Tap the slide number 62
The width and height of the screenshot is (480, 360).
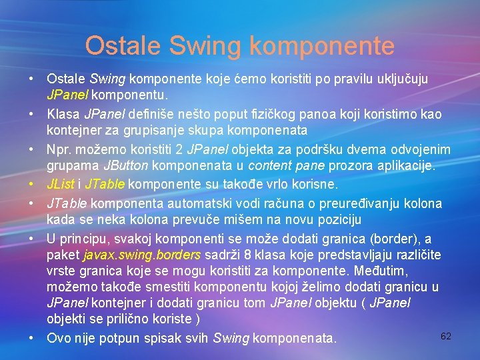coord(446,336)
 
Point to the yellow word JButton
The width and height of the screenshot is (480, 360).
coord(127,165)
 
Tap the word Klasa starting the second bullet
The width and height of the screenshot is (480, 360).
coord(62,115)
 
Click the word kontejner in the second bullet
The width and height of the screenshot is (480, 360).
coord(75,130)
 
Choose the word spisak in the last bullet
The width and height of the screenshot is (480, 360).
coord(157,339)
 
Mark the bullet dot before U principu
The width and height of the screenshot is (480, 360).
coord(31,238)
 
